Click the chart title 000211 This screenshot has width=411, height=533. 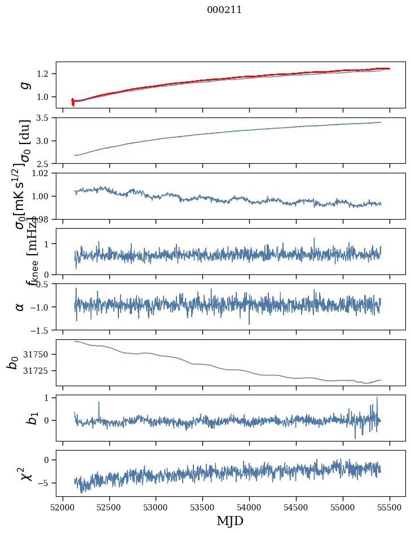click(x=225, y=10)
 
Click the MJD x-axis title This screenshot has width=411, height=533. click(x=230, y=521)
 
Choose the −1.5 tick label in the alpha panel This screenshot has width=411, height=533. click(x=41, y=330)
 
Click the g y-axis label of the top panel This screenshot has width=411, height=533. click(x=24, y=85)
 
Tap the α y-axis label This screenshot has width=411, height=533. click(x=19, y=307)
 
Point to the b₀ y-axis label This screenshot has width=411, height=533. click(x=12, y=362)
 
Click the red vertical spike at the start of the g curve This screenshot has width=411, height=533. click(x=73, y=102)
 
